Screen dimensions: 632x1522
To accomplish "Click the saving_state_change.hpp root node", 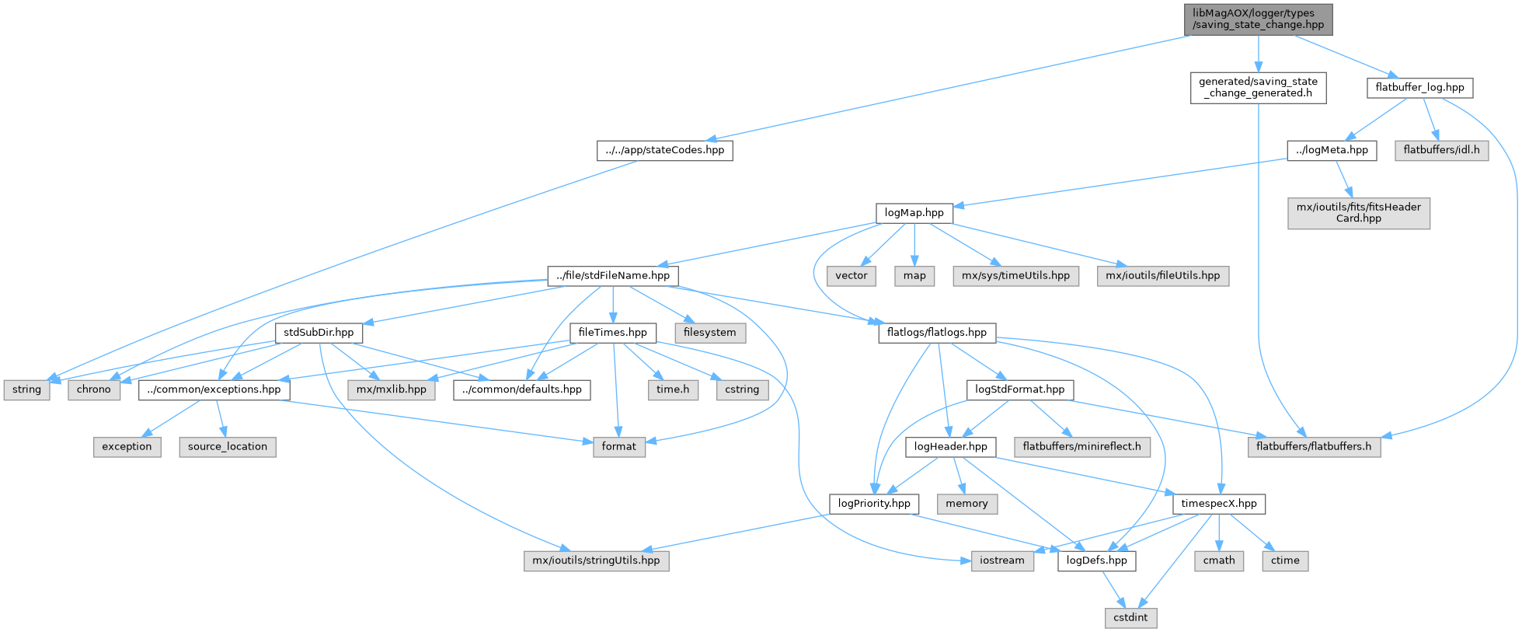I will click(x=1258, y=19).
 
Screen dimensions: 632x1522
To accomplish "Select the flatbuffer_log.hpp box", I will click(x=1419, y=87).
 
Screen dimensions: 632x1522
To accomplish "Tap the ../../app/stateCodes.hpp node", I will click(x=664, y=150).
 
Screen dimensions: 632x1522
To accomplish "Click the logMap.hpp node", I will click(x=914, y=212).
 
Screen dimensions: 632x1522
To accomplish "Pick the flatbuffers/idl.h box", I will click(x=1441, y=150).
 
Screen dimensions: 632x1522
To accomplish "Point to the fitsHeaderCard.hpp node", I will click(x=1358, y=212).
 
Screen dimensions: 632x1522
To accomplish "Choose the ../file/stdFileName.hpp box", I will click(x=613, y=275).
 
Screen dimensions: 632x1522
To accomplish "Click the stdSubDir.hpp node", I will click(x=319, y=332).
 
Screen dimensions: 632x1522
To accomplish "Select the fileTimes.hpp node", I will click(x=612, y=332).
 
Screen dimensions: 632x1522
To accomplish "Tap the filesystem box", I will click(x=709, y=332).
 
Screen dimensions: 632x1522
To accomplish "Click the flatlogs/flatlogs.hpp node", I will click(x=936, y=332).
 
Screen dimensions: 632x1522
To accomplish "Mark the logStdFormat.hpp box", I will click(x=1019, y=389).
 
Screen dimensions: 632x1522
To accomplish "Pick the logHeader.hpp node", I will click(x=950, y=446).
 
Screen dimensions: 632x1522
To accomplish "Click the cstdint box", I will click(x=1130, y=617).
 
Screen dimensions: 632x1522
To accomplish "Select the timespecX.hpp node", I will click(x=1218, y=503).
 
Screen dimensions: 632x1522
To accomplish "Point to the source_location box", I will click(x=227, y=446).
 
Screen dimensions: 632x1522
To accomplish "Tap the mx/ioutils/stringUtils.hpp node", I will click(x=596, y=560).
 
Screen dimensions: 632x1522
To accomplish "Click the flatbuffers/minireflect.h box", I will click(x=1081, y=446).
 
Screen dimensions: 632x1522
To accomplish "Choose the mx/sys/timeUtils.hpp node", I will click(x=1015, y=275).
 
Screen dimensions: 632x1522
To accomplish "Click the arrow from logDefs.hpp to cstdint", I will click(x=1113, y=588).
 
